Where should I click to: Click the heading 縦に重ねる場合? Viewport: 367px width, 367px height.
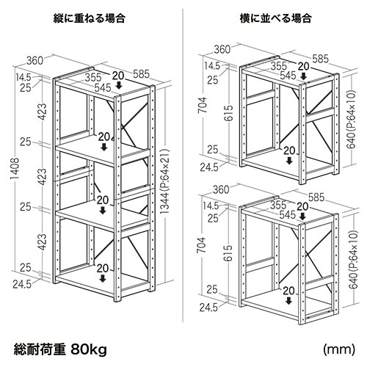click(x=89, y=18)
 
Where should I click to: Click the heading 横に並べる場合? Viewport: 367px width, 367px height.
click(x=275, y=18)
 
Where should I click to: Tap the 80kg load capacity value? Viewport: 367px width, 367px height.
click(x=89, y=349)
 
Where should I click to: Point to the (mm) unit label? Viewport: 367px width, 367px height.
click(x=339, y=349)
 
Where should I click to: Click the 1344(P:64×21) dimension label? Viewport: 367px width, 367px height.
click(x=165, y=182)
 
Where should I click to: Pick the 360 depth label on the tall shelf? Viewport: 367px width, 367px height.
click(x=34, y=61)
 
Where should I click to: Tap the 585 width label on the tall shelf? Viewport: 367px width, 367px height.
click(x=141, y=74)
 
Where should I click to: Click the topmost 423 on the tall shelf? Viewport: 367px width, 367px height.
click(x=43, y=112)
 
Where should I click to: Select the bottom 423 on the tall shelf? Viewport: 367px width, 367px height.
click(x=43, y=242)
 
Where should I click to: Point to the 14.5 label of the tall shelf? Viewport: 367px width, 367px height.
click(x=23, y=77)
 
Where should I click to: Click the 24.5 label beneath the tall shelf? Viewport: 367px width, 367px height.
click(x=22, y=284)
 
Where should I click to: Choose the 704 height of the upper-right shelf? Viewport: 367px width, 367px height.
click(x=203, y=105)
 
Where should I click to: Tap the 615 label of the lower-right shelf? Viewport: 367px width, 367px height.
click(x=228, y=253)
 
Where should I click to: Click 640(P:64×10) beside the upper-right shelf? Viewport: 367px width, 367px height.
click(x=352, y=120)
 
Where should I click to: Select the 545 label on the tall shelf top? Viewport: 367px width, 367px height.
click(x=103, y=87)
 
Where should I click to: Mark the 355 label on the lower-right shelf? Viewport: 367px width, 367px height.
click(x=278, y=205)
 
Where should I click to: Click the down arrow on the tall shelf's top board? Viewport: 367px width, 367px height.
click(x=119, y=85)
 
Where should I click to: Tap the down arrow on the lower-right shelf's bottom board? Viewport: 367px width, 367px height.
click(x=289, y=301)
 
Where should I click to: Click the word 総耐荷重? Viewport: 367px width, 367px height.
click(x=40, y=349)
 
